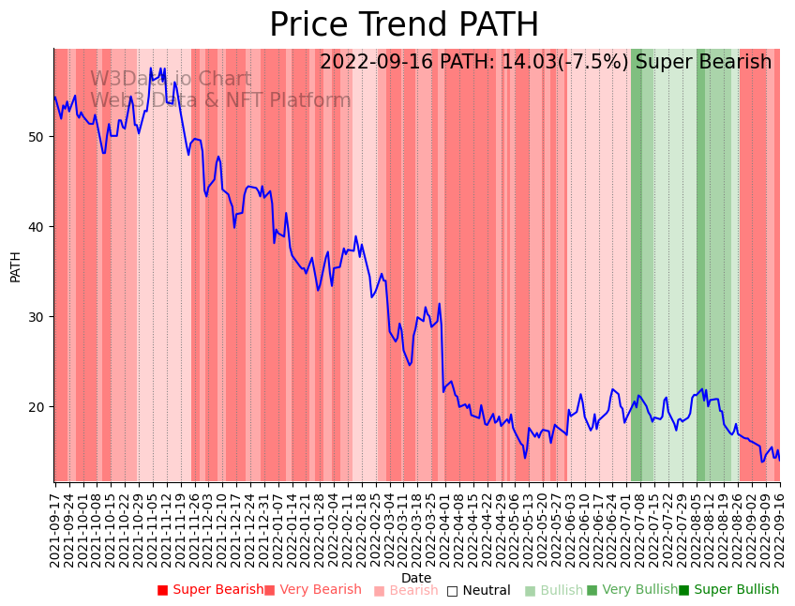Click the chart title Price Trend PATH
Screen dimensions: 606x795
pyautogui.click(x=404, y=25)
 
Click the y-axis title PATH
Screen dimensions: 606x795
pyautogui.click(x=15, y=265)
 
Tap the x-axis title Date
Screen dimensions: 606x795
pyautogui.click(x=416, y=578)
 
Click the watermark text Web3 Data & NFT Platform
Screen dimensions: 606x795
pyautogui.click(x=220, y=100)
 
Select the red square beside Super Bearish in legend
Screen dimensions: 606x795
pyautogui.click(x=162, y=591)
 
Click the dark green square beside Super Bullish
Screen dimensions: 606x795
pyautogui.click(x=683, y=591)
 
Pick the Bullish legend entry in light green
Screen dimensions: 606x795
pyautogui.click(x=561, y=590)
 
